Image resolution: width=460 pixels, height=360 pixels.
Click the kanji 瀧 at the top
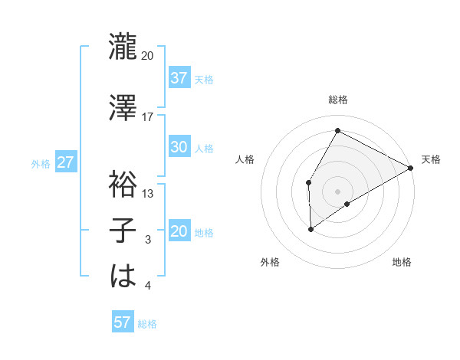point(123,47)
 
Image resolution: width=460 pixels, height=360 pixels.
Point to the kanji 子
point(123,231)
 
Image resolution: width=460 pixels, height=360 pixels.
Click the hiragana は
point(123,276)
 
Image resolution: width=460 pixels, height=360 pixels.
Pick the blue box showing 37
point(179,78)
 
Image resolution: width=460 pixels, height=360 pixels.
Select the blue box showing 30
point(179,147)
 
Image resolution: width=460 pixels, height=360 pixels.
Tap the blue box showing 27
point(66,163)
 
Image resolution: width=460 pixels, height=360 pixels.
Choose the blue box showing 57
point(123,322)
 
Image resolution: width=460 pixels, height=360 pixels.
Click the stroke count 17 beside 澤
point(148,116)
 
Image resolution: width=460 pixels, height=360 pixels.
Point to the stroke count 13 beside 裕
point(148,193)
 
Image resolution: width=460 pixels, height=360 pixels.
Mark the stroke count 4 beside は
point(148,286)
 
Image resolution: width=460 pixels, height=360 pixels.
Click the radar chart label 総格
point(337,100)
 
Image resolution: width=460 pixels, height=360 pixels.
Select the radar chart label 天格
point(431,159)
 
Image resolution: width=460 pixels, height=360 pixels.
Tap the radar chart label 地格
point(402,263)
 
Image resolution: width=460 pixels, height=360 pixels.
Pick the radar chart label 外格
point(270,263)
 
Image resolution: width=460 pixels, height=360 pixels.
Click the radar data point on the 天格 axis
point(411,168)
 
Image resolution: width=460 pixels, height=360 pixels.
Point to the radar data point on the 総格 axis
point(337,130)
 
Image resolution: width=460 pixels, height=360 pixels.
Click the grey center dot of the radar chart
point(337,190)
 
